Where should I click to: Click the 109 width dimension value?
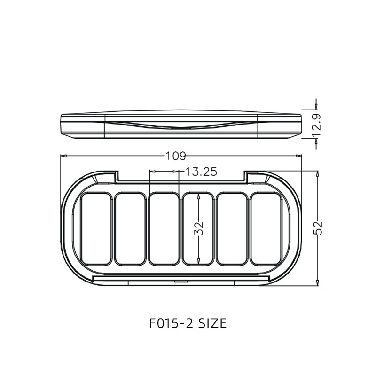(176, 156)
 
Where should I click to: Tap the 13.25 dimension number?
(201, 172)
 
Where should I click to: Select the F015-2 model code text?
(171, 323)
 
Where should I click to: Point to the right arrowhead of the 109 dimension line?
(299, 156)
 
